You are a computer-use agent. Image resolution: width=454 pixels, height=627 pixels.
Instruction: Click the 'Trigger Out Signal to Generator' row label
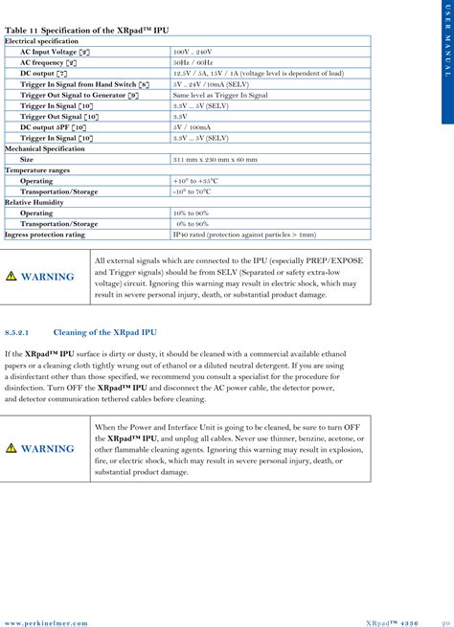pos(79,96)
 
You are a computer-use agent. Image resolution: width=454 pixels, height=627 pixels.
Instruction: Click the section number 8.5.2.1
pos(20,332)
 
